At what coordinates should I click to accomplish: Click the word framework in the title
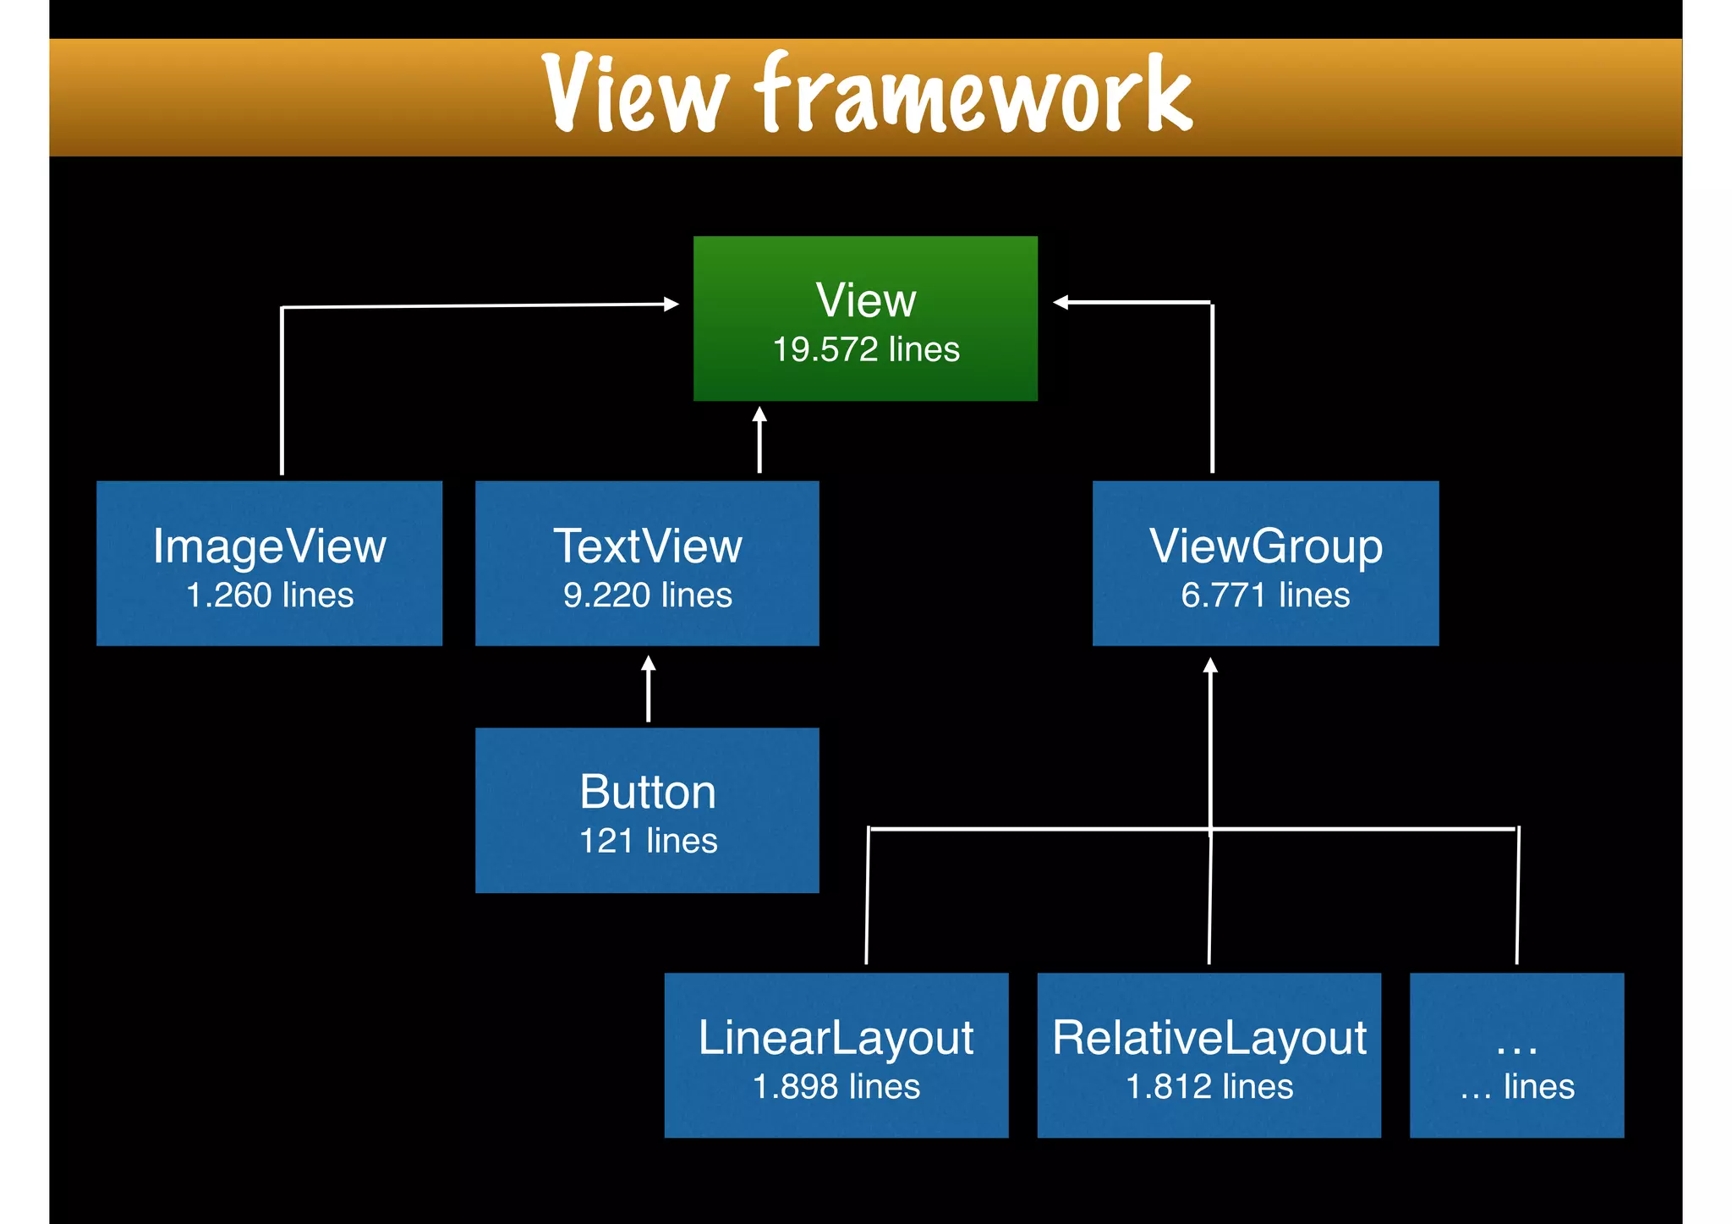(973, 93)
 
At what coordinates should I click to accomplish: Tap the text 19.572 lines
(866, 349)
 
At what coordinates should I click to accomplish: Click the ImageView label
(269, 546)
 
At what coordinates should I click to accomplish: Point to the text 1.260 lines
(269, 595)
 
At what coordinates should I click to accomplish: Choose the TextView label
(647, 546)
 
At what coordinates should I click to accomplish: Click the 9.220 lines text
(647, 595)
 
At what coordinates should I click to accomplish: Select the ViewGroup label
(1265, 546)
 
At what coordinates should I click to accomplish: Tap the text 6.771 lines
(1265, 595)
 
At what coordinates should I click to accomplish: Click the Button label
(647, 792)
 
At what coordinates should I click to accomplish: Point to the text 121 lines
(647, 841)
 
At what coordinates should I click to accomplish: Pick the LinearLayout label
(836, 1037)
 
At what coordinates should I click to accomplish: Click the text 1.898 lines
(836, 1086)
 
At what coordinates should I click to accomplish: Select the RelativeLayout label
(1209, 1037)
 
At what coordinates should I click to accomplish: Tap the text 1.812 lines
(1209, 1086)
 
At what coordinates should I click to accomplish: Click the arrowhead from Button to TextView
(649, 663)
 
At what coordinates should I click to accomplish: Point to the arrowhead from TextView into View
(759, 414)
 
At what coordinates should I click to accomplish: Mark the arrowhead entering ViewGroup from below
(1210, 666)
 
